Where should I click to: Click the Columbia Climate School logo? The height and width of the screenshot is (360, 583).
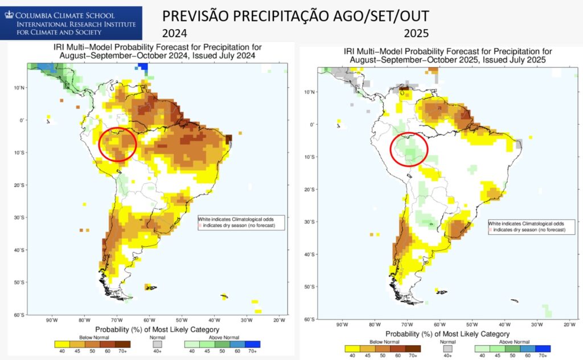(x=71, y=23)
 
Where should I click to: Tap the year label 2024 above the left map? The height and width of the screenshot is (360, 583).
(x=174, y=33)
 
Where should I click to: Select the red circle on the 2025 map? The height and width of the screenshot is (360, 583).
(x=409, y=149)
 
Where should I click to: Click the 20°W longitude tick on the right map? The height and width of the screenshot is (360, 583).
(x=568, y=324)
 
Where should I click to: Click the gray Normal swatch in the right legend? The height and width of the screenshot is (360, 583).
(x=448, y=348)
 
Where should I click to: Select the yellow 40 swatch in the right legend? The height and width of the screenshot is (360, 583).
(x=352, y=348)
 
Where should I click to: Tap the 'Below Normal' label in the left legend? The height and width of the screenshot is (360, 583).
(x=93, y=337)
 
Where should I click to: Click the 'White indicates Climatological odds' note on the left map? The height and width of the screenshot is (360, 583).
(x=239, y=219)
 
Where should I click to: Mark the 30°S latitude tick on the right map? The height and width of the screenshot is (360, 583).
(x=311, y=221)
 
